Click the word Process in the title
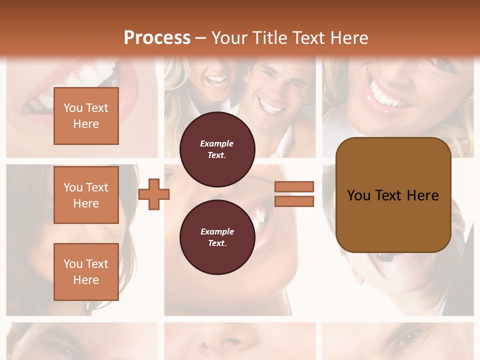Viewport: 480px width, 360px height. pos(157,38)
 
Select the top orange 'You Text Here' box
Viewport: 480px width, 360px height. pos(86,116)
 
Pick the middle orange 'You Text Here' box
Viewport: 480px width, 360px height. pos(86,195)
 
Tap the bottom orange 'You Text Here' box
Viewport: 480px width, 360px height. pos(86,272)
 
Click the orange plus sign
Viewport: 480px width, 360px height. pos(153,193)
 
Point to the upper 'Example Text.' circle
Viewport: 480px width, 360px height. pos(217,149)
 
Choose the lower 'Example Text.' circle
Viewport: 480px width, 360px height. pos(217,237)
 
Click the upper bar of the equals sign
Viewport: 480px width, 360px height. pos(294,186)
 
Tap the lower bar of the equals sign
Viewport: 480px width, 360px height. pos(294,201)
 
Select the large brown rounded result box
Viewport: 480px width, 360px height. pos(393,194)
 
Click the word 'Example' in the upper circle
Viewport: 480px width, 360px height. pos(217,143)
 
